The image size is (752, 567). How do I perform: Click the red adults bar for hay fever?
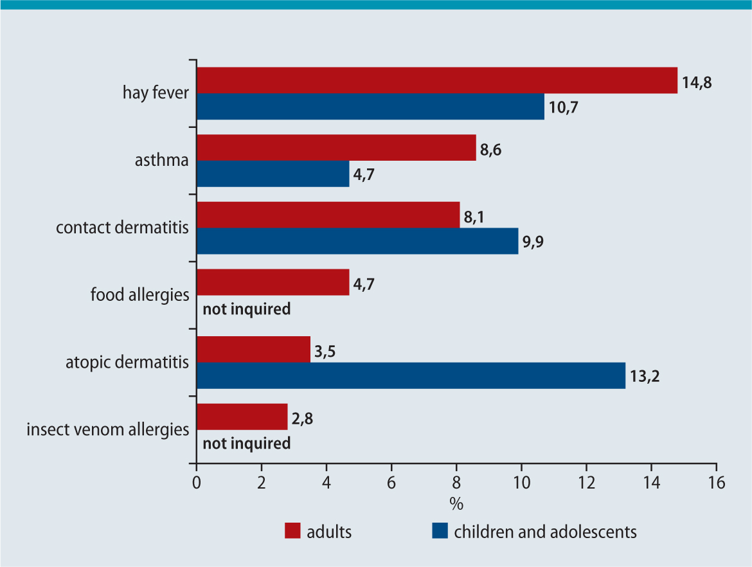point(437,80)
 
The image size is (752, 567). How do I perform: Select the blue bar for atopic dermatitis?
point(411,375)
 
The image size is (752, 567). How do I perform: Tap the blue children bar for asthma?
point(273,174)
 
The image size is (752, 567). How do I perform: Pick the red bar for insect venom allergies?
point(242,417)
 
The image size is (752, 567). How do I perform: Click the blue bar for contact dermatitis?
point(357,241)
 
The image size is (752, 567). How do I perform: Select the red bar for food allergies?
point(273,282)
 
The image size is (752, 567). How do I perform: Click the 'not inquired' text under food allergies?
point(247,309)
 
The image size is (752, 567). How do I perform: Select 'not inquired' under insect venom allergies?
point(247,444)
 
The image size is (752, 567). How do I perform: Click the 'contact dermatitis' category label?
point(122,228)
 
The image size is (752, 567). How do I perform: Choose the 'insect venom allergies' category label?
point(107,429)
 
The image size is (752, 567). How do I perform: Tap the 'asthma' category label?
point(161,160)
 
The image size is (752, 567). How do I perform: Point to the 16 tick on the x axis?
point(716,483)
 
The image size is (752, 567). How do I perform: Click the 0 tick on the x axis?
point(197,483)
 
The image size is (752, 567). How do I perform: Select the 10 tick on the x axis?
point(521,483)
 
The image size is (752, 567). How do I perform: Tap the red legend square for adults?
point(292,532)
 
